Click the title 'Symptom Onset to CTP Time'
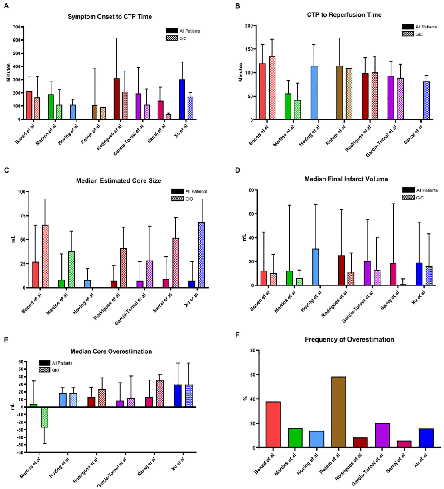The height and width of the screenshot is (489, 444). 110,17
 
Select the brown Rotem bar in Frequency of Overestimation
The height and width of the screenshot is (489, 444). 338,412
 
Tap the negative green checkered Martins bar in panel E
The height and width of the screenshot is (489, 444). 44,417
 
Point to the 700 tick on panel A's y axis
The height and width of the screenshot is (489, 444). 17,27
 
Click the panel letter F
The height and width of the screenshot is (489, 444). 237,335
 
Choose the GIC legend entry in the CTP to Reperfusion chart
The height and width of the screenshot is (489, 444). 412,34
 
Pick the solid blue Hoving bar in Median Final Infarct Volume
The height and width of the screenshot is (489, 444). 316,267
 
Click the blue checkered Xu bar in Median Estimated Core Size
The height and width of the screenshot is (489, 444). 202,255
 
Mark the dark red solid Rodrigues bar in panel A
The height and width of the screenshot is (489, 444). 116,99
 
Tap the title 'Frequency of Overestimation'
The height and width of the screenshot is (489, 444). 349,339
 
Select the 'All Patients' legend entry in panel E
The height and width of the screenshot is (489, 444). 56,363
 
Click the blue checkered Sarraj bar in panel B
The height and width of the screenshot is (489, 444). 426,101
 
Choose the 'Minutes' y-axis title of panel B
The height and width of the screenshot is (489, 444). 241,72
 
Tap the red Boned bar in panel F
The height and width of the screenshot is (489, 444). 273,425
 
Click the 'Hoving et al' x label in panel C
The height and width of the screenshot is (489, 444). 83,304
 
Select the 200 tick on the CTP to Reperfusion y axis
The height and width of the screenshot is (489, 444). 249,26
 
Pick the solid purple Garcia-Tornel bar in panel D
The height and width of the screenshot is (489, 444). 367,274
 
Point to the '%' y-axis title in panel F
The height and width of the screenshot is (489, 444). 245,398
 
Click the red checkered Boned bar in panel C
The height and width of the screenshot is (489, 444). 45,256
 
